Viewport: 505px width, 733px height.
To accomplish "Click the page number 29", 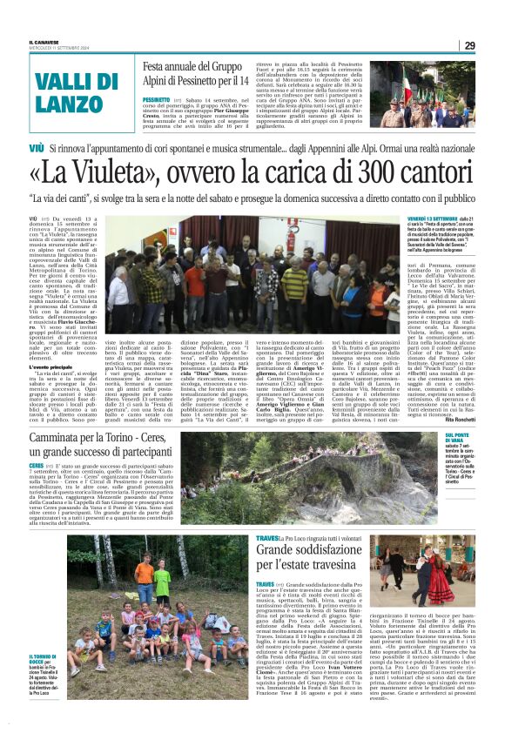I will tap(492, 45).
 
